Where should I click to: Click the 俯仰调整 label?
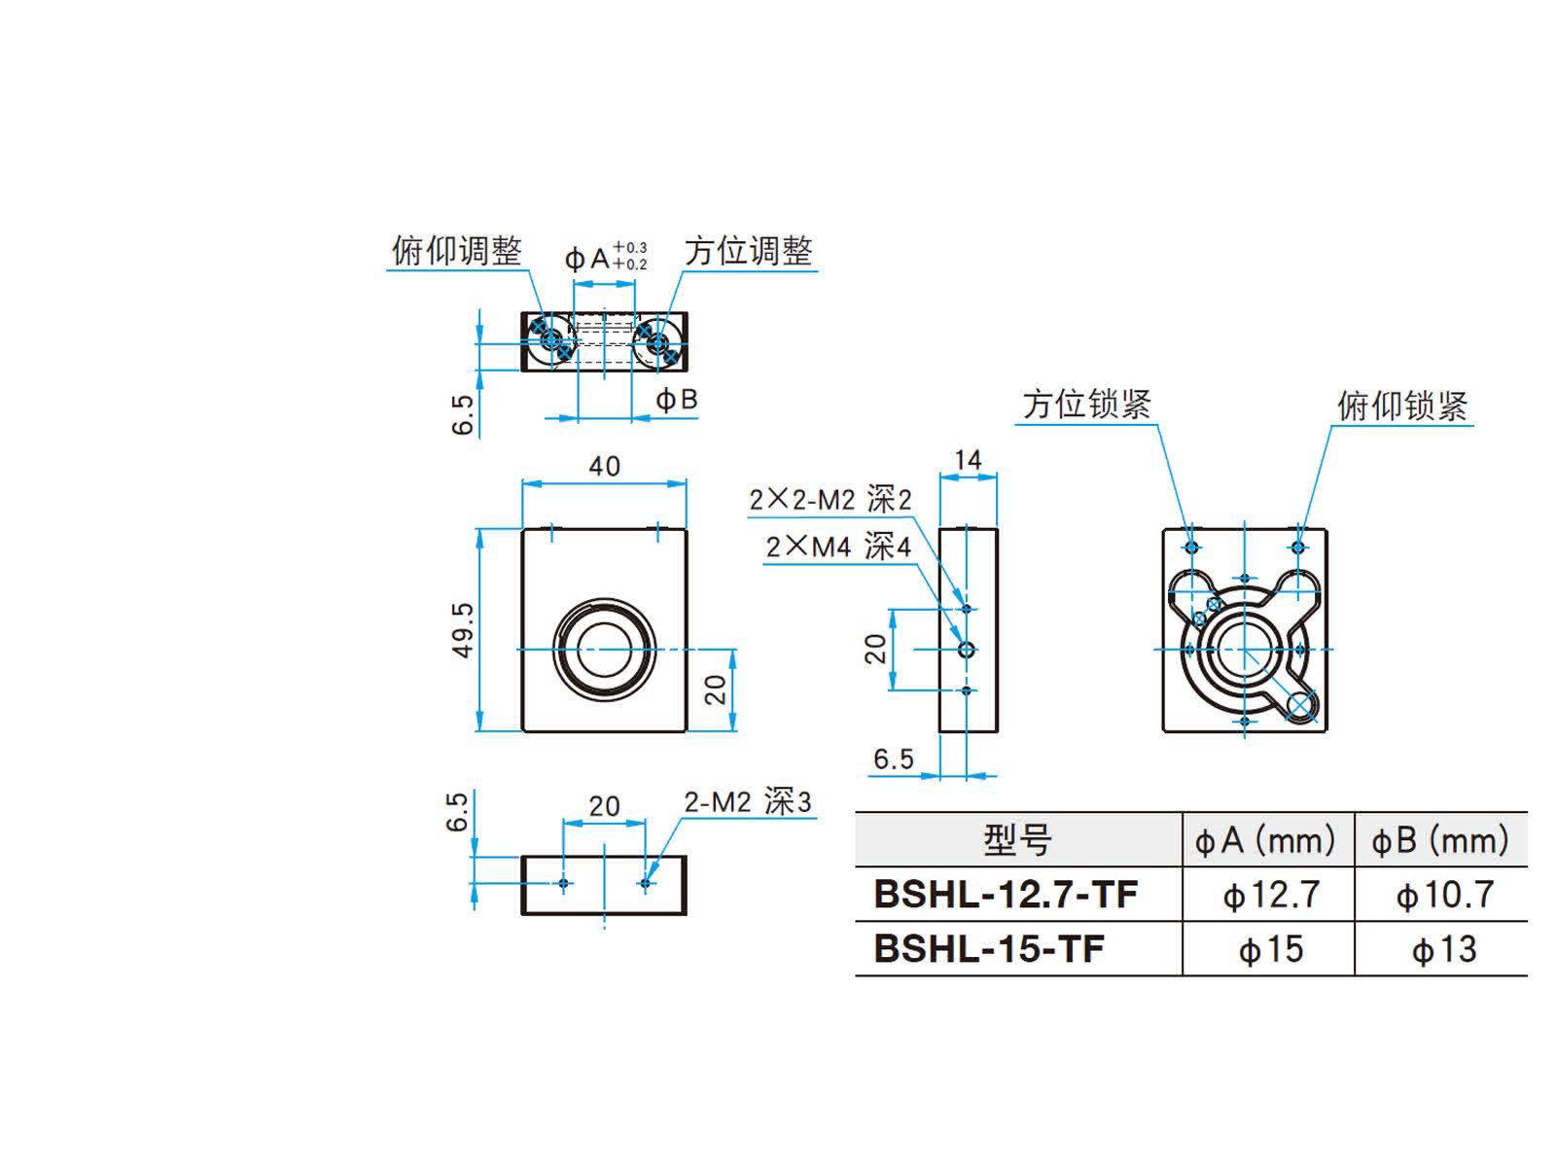click(456, 251)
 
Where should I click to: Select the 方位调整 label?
click(748, 251)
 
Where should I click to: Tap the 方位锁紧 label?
click(1086, 404)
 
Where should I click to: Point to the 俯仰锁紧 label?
click(1402, 406)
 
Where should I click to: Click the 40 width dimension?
click(605, 466)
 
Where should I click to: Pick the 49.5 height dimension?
click(462, 629)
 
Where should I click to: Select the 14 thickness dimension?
click(968, 461)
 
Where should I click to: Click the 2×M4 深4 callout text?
click(838, 547)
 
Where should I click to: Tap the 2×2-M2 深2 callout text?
click(831, 500)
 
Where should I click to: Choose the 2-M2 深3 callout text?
click(747, 802)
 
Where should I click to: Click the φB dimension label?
click(676, 400)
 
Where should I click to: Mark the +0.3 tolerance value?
click(630, 247)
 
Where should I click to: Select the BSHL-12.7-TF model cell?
click(1006, 894)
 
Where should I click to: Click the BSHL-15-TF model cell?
click(989, 949)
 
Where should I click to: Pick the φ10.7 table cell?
click(1445, 895)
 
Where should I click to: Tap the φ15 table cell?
click(1271, 949)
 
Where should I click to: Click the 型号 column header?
click(1018, 840)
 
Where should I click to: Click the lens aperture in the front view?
click(604, 649)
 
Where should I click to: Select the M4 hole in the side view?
click(967, 649)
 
